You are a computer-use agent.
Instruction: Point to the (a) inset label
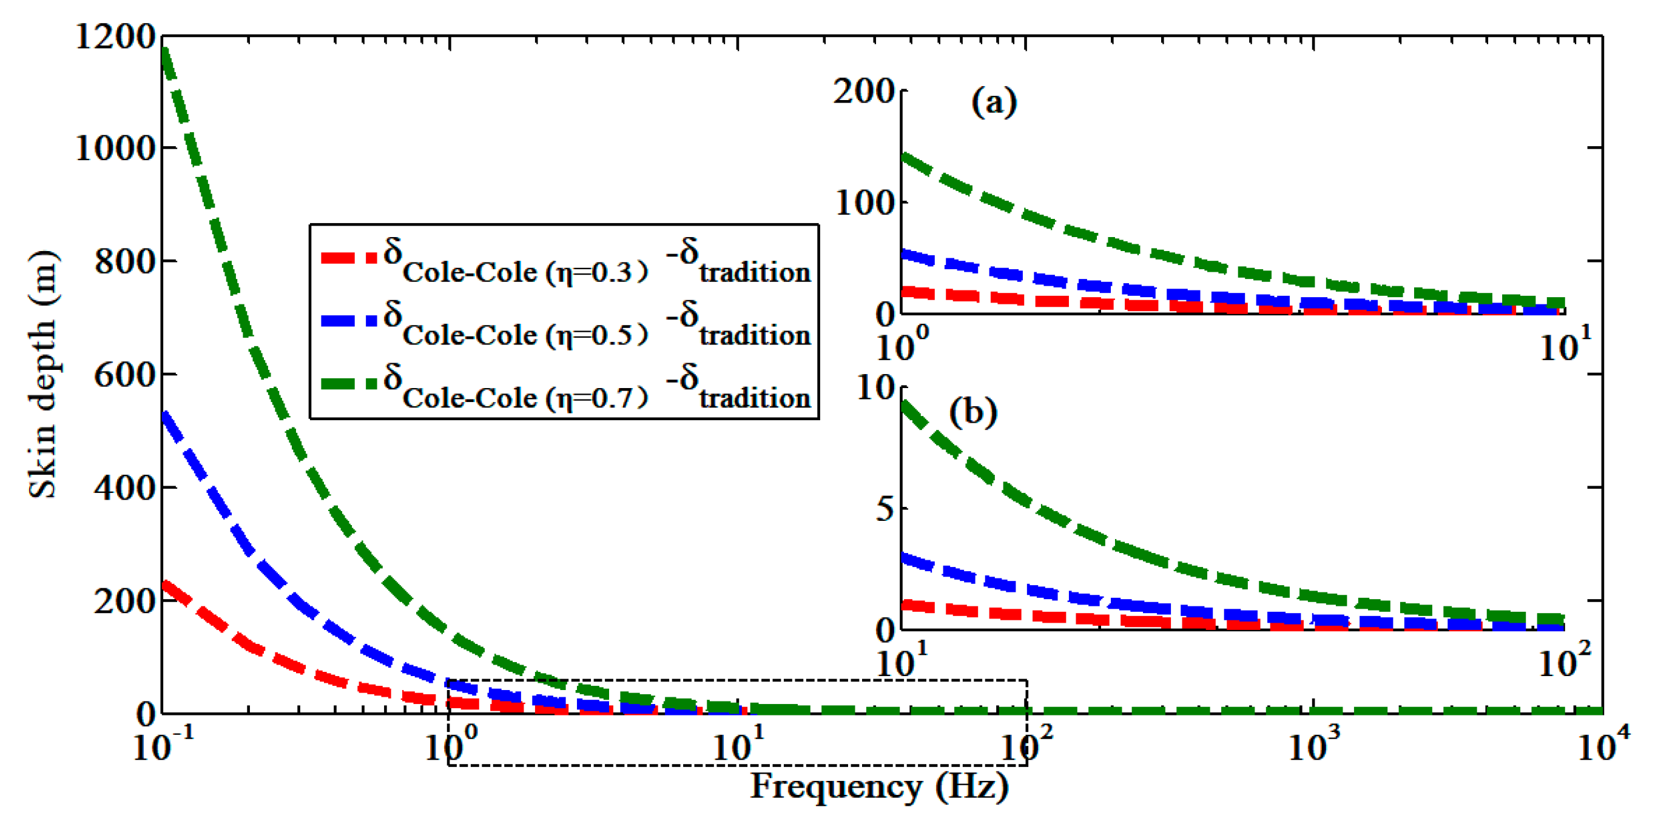(x=994, y=102)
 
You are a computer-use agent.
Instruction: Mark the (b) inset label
(x=973, y=412)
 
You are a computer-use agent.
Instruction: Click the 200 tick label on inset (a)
(x=864, y=92)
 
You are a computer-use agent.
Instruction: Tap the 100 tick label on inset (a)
(x=865, y=203)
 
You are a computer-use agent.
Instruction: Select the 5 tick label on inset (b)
(x=885, y=509)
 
